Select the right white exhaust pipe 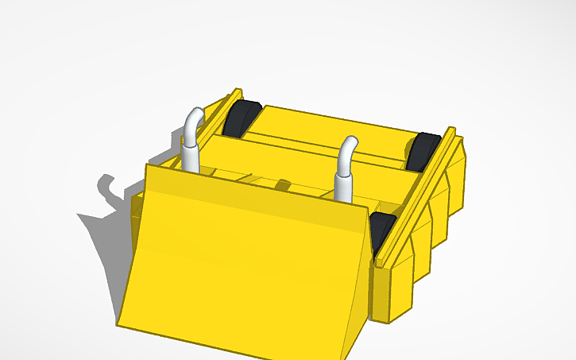click(x=343, y=175)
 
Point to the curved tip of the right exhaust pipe click(x=349, y=144)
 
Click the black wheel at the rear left click(x=240, y=119)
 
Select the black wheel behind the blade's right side click(x=381, y=230)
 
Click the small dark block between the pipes click(x=282, y=186)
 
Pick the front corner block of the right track click(x=393, y=294)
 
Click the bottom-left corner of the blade click(x=119, y=324)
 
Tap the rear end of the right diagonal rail click(x=451, y=131)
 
